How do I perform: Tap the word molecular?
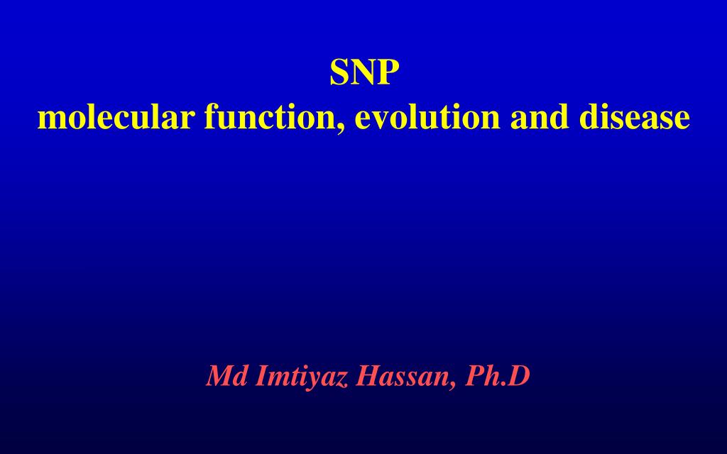point(116,117)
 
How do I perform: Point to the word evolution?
point(427,117)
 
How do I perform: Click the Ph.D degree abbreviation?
point(498,377)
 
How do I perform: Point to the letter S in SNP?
point(339,72)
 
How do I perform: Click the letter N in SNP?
point(363,72)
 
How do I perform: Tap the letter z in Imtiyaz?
point(343,380)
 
